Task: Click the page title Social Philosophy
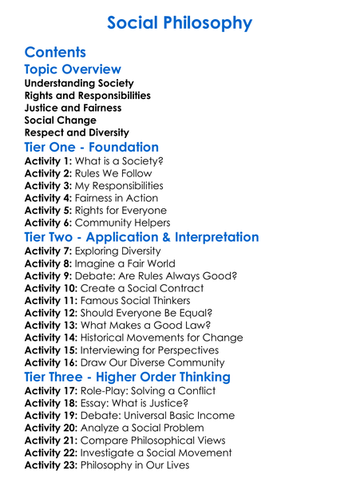tap(180, 23)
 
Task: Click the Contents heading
tap(55, 53)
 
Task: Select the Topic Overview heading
tap(73, 69)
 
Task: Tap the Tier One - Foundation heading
tap(92, 147)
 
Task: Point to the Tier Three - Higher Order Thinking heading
tap(128, 377)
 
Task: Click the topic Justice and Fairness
tap(73, 108)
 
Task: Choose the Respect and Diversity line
tap(77, 132)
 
